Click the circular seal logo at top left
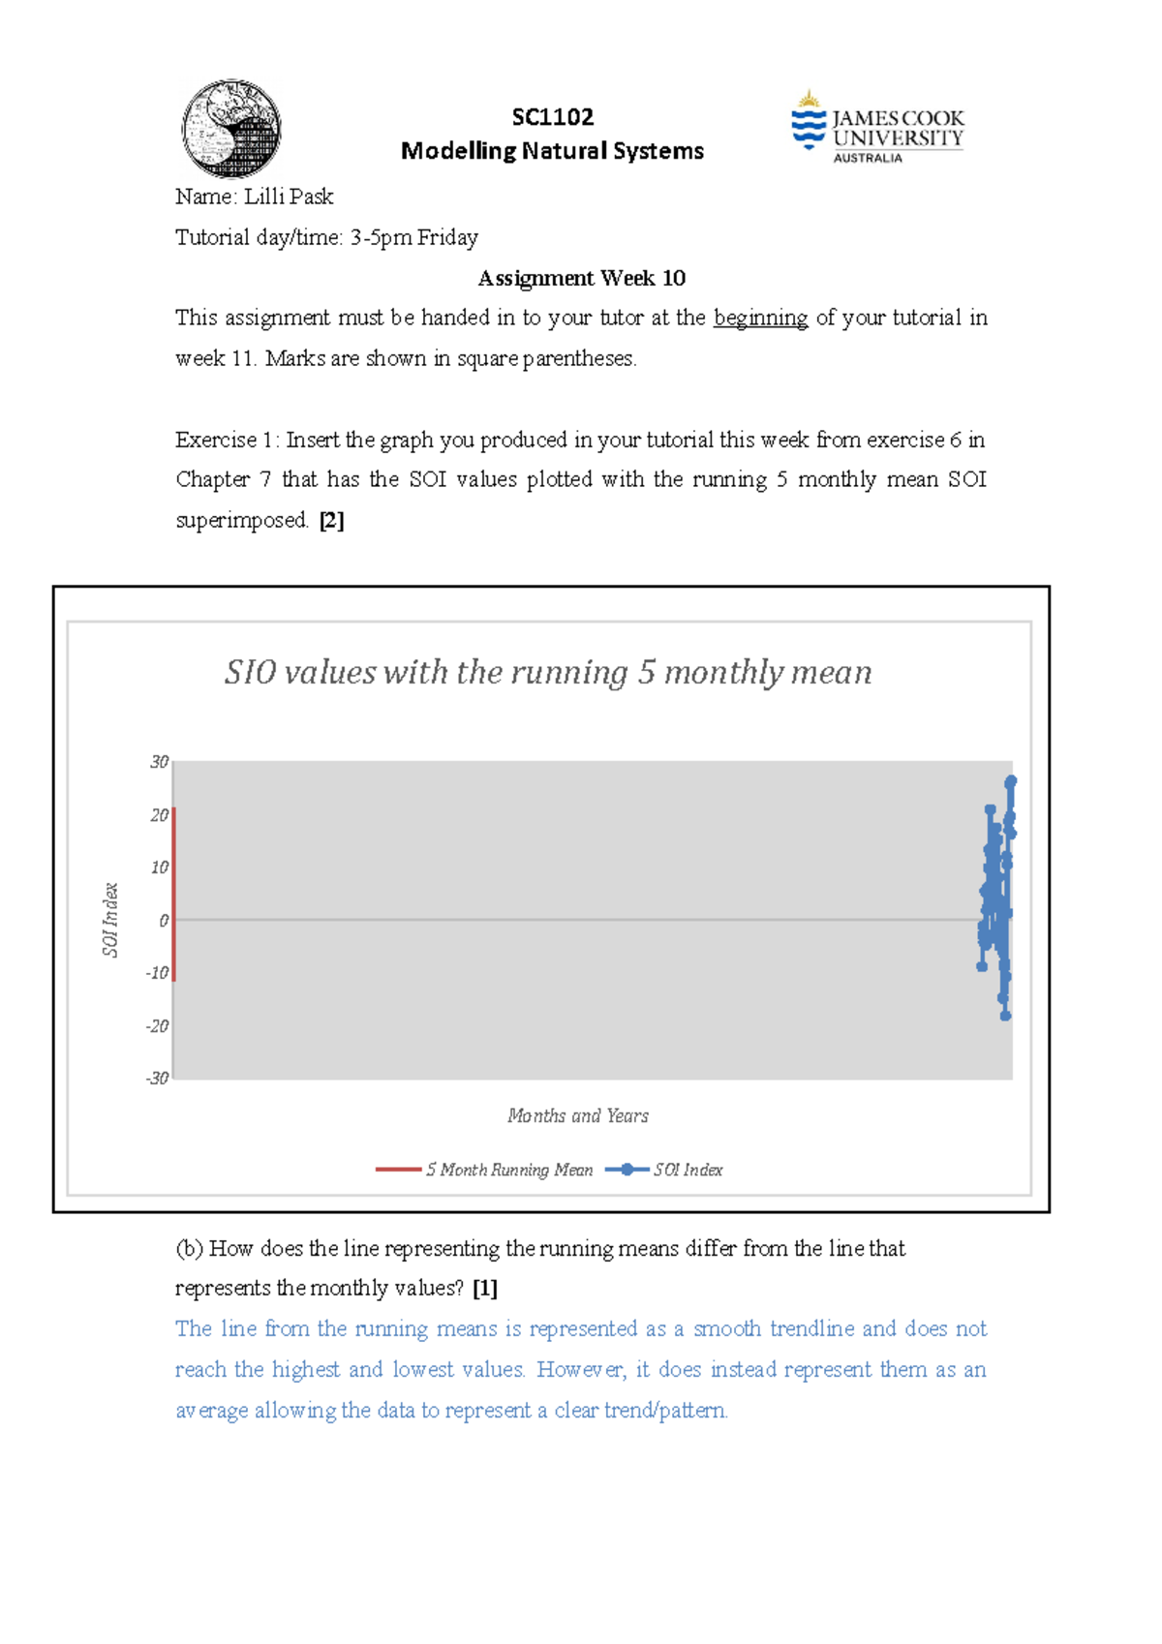pos(231,129)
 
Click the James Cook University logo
pos(877,128)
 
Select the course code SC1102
pos(552,117)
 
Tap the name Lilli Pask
pos(289,197)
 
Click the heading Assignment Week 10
pos(581,279)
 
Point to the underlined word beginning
pos(760,319)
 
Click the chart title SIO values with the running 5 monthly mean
pos(548,672)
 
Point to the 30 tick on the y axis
pos(159,762)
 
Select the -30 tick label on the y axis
pos(157,1078)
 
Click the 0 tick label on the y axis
pos(164,921)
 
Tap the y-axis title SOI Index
pos(110,920)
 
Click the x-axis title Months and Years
pos(578,1116)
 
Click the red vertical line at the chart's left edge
pos(174,896)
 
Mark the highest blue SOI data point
pos(1011,780)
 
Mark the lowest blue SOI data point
pos(1005,1016)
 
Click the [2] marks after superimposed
pos(331,521)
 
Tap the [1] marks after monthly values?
pos(485,1289)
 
